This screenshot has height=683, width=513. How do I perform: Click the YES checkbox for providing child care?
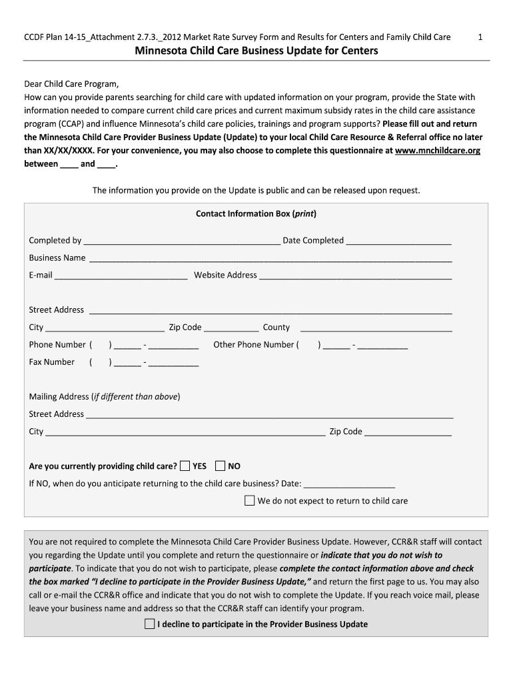click(185, 466)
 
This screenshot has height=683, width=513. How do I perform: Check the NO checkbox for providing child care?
click(221, 466)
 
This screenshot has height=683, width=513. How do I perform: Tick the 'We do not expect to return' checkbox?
click(250, 500)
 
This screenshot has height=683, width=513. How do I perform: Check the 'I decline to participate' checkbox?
click(149, 624)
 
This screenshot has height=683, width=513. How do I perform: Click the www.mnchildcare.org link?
click(437, 151)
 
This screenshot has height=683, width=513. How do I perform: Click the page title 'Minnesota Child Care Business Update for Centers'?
click(256, 51)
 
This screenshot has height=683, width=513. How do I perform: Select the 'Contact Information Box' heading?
click(256, 214)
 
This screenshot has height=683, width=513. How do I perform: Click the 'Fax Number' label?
click(51, 362)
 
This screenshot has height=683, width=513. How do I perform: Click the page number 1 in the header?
click(480, 37)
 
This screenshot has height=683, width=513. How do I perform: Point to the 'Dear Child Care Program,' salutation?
click(71, 84)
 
